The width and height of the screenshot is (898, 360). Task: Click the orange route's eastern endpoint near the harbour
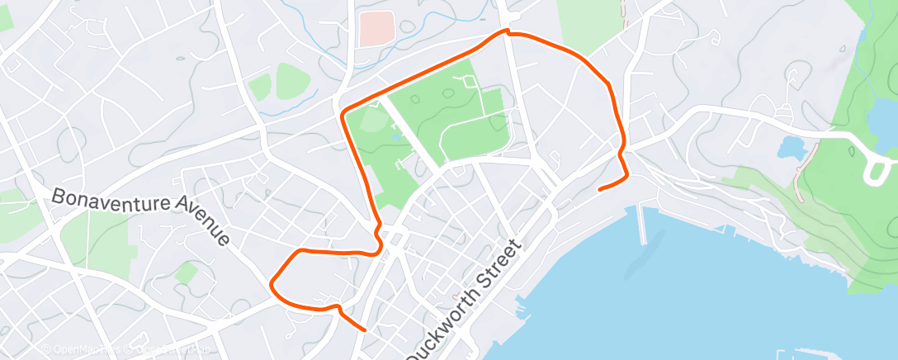(599, 189)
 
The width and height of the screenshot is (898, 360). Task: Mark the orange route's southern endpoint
(364, 329)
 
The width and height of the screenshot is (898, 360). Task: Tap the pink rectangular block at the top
(376, 29)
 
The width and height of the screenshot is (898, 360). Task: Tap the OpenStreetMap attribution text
(165, 350)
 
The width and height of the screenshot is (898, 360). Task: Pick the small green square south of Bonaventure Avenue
(186, 273)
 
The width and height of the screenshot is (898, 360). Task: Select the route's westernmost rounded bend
(272, 286)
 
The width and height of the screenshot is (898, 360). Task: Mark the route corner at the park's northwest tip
(343, 111)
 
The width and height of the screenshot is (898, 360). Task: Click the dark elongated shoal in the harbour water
(644, 256)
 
